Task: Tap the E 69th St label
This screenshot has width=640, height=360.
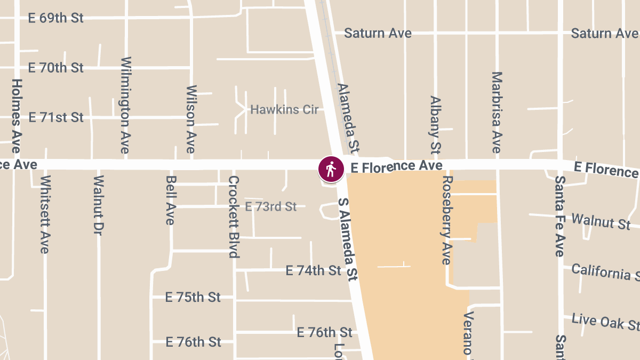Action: coord(55,18)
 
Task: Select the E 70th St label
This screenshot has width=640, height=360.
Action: coord(55,68)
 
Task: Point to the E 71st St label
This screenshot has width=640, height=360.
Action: coord(55,117)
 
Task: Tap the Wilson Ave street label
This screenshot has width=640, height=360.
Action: coord(191,119)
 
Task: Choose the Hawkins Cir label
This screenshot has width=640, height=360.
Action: coord(284,110)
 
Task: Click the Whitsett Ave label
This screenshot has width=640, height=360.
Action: coord(45,214)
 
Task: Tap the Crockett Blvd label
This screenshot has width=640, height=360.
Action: coord(234,217)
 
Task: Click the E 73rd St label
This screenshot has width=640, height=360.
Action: coord(270,206)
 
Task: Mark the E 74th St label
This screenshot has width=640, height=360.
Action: coord(313,271)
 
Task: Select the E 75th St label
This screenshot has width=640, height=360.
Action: coord(193,297)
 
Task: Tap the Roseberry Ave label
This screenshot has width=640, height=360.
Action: coord(447,220)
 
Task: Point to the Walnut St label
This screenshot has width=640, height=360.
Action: coord(601,220)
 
